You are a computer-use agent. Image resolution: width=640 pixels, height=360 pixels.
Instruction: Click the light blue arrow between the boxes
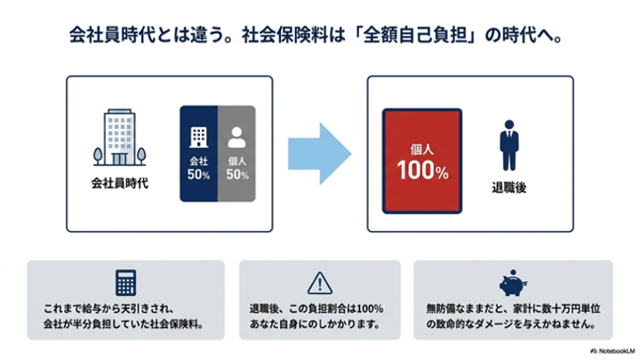coord(319,154)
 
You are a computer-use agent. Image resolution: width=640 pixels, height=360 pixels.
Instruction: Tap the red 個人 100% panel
coord(422,161)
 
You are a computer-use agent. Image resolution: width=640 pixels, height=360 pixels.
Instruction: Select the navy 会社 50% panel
coord(199,154)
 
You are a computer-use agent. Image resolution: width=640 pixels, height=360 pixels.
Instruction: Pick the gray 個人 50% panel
coord(236,154)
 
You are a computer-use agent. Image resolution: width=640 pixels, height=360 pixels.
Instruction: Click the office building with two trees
coord(120,137)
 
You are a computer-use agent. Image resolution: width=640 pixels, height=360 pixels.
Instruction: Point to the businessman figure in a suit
coord(509,145)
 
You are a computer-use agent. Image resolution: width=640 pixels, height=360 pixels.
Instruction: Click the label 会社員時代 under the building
coord(120,183)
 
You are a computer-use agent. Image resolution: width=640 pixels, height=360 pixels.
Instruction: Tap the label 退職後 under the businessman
coord(509,188)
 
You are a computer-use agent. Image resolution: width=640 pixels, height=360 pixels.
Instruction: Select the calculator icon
coord(125,283)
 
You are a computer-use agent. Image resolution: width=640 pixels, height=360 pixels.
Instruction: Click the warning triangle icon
coord(320,284)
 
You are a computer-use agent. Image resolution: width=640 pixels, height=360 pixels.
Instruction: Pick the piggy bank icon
coord(513,283)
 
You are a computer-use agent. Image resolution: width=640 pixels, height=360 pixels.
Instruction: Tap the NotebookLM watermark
coord(612,351)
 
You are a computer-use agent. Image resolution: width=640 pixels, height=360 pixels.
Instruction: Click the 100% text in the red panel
coord(422,170)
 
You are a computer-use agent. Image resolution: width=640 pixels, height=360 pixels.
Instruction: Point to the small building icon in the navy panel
coord(199,137)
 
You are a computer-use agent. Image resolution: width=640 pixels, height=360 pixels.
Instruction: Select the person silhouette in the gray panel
coord(236,137)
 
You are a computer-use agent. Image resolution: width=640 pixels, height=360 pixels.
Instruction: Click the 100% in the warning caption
coord(370,308)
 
